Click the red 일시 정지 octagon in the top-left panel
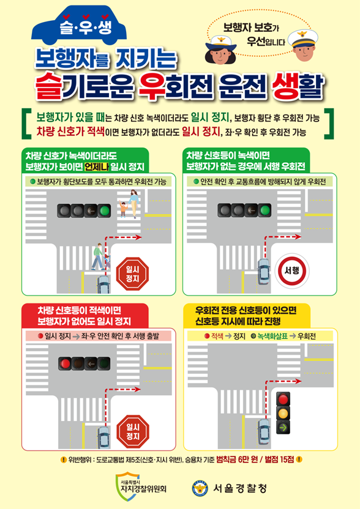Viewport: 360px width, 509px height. (x=133, y=273)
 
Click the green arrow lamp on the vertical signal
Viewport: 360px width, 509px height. (x=283, y=426)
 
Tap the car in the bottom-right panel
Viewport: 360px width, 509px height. (x=264, y=433)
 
